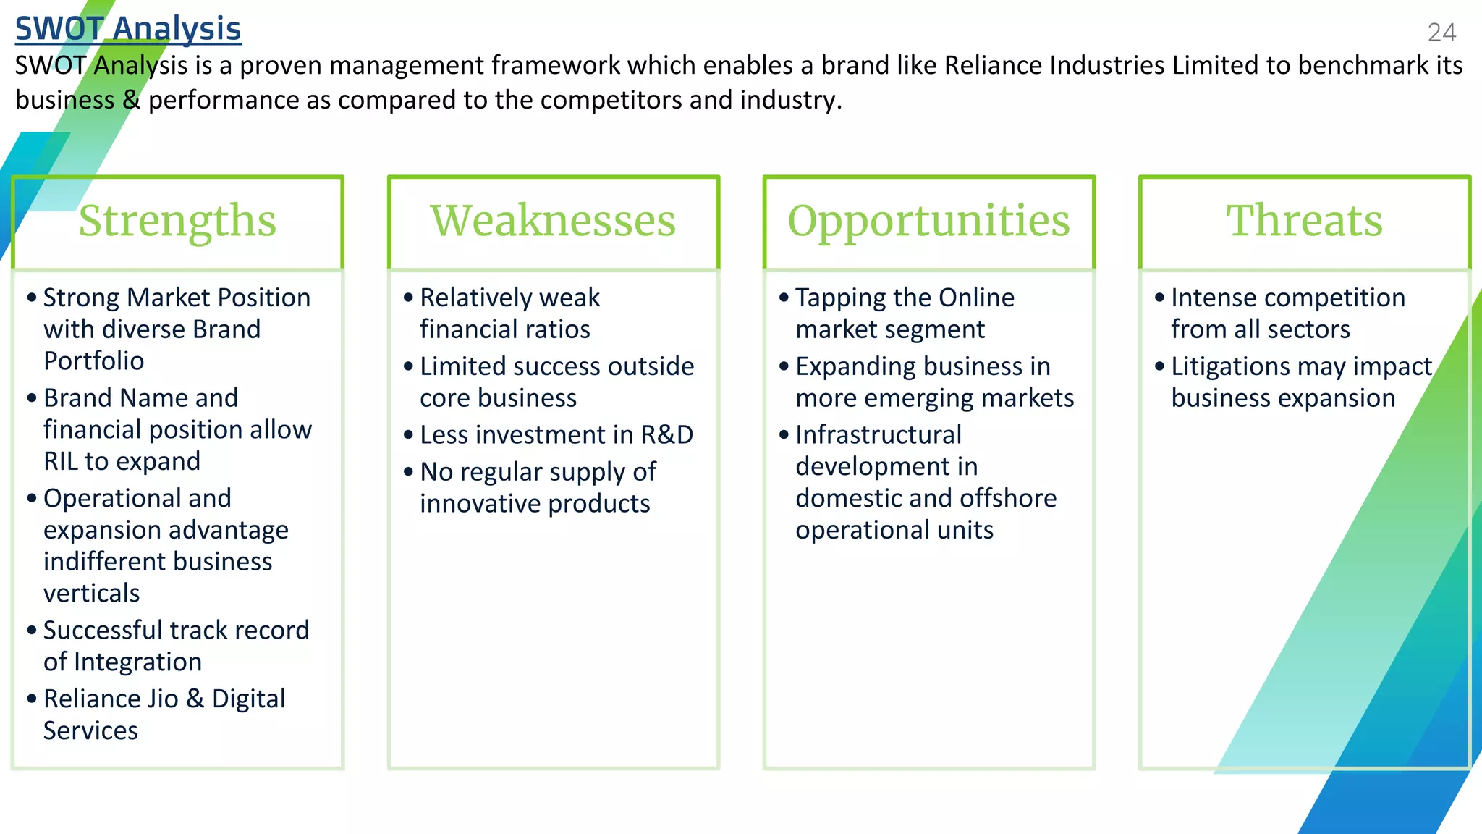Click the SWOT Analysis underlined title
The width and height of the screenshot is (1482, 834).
tap(128, 29)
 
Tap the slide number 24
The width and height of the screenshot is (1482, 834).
tap(1441, 33)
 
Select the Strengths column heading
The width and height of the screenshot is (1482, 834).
tap(177, 221)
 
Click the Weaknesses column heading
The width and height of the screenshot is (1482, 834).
tap(553, 221)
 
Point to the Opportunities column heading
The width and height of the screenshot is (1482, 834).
tap(928, 221)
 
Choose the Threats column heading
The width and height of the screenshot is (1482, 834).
tap(1304, 221)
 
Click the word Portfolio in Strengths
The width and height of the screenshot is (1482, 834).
tap(93, 361)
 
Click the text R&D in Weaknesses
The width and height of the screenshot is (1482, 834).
tap(666, 434)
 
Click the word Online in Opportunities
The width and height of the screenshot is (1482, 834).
tap(976, 298)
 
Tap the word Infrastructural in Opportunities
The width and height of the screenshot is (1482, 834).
tap(878, 434)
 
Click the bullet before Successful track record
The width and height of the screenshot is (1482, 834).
tap(32, 630)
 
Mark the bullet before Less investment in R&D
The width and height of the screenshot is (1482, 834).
tap(408, 435)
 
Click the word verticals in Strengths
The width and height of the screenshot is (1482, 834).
tap(91, 593)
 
